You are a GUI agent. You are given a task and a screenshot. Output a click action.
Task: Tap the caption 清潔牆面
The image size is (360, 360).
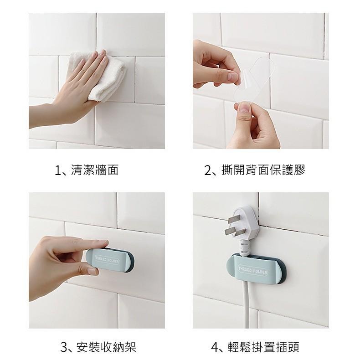coord(95,170)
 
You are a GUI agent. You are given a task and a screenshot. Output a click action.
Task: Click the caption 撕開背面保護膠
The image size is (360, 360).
coord(263,170)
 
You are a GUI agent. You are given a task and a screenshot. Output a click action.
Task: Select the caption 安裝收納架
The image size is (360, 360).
coord(107,347)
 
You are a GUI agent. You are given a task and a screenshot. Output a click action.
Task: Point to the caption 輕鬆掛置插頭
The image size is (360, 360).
coord(263,347)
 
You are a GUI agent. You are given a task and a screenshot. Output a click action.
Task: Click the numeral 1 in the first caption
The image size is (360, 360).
coord(57,170)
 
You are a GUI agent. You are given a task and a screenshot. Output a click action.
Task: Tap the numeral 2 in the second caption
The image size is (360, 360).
coord(207,170)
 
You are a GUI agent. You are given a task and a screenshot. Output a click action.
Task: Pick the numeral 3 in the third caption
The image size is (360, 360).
coord(64,347)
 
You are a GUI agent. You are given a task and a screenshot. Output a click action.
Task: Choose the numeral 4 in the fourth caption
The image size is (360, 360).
coord(215,347)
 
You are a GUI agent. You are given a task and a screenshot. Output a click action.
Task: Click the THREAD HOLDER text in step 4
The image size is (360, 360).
coord(253,270)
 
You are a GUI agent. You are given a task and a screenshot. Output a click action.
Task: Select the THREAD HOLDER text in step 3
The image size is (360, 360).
coord(107,260)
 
